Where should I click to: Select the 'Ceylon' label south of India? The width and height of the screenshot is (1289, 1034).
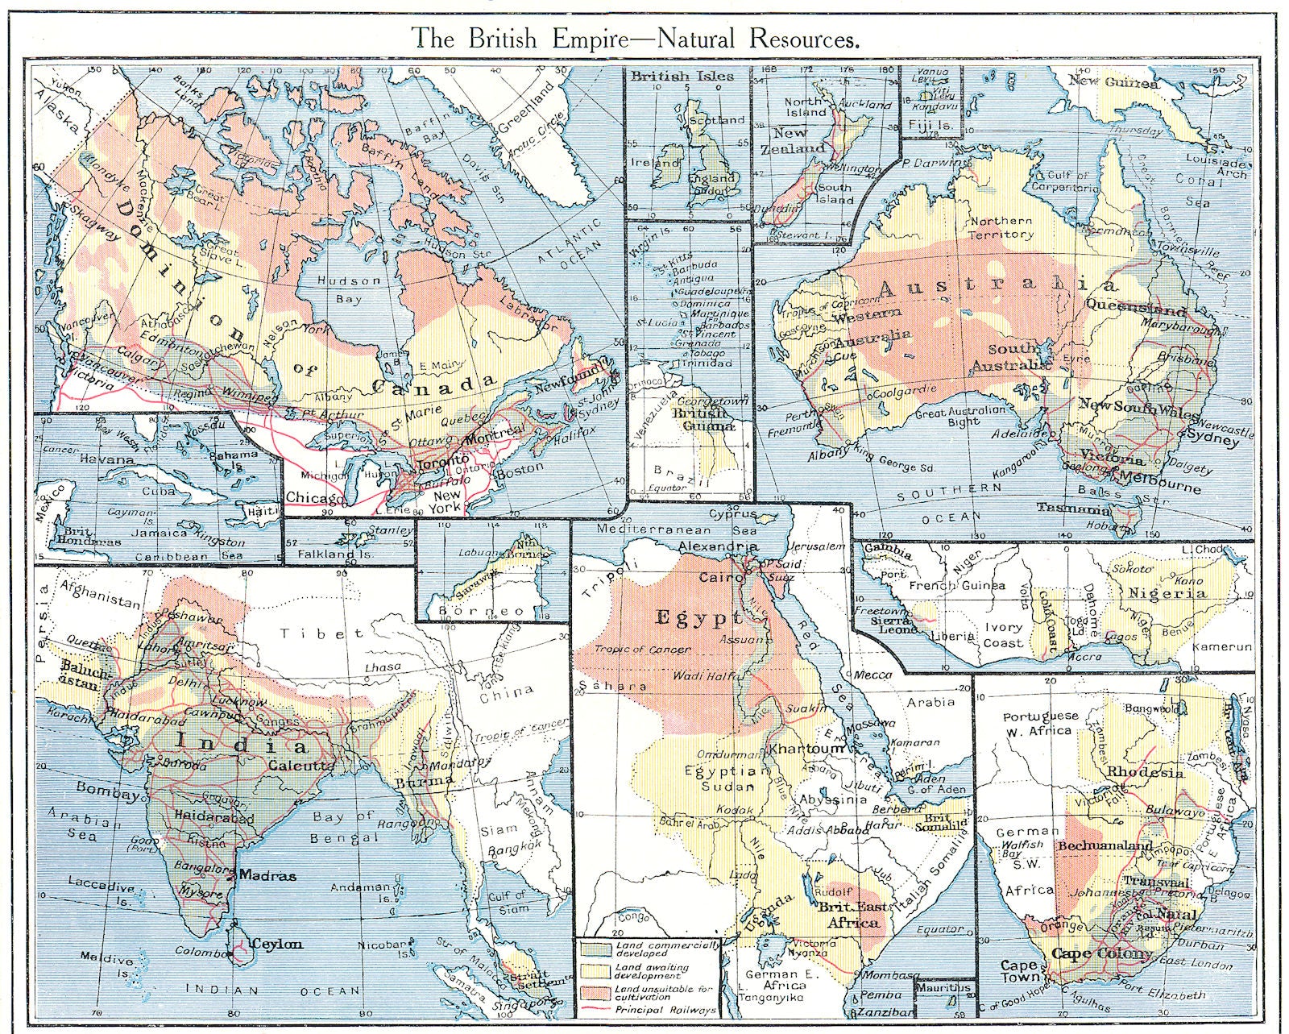pyautogui.click(x=276, y=944)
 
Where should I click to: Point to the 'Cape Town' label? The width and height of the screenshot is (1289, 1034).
pyautogui.click(x=1018, y=971)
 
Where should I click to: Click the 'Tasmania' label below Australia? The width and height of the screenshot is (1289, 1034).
pyautogui.click(x=1073, y=509)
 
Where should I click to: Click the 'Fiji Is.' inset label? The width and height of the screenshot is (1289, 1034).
pyautogui.click(x=930, y=125)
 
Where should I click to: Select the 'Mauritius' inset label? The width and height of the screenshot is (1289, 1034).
pyautogui.click(x=944, y=986)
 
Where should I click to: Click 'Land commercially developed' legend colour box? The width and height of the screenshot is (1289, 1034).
pyautogui.click(x=595, y=949)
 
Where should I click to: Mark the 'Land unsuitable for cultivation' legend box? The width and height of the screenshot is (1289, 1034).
pyautogui.click(x=595, y=992)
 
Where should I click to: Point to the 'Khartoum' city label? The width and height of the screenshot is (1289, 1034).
pyautogui.click(x=807, y=749)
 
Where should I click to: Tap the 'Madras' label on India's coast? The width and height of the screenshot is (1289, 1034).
pyautogui.click(x=267, y=875)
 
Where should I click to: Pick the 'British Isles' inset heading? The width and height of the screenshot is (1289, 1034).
pyautogui.click(x=682, y=76)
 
